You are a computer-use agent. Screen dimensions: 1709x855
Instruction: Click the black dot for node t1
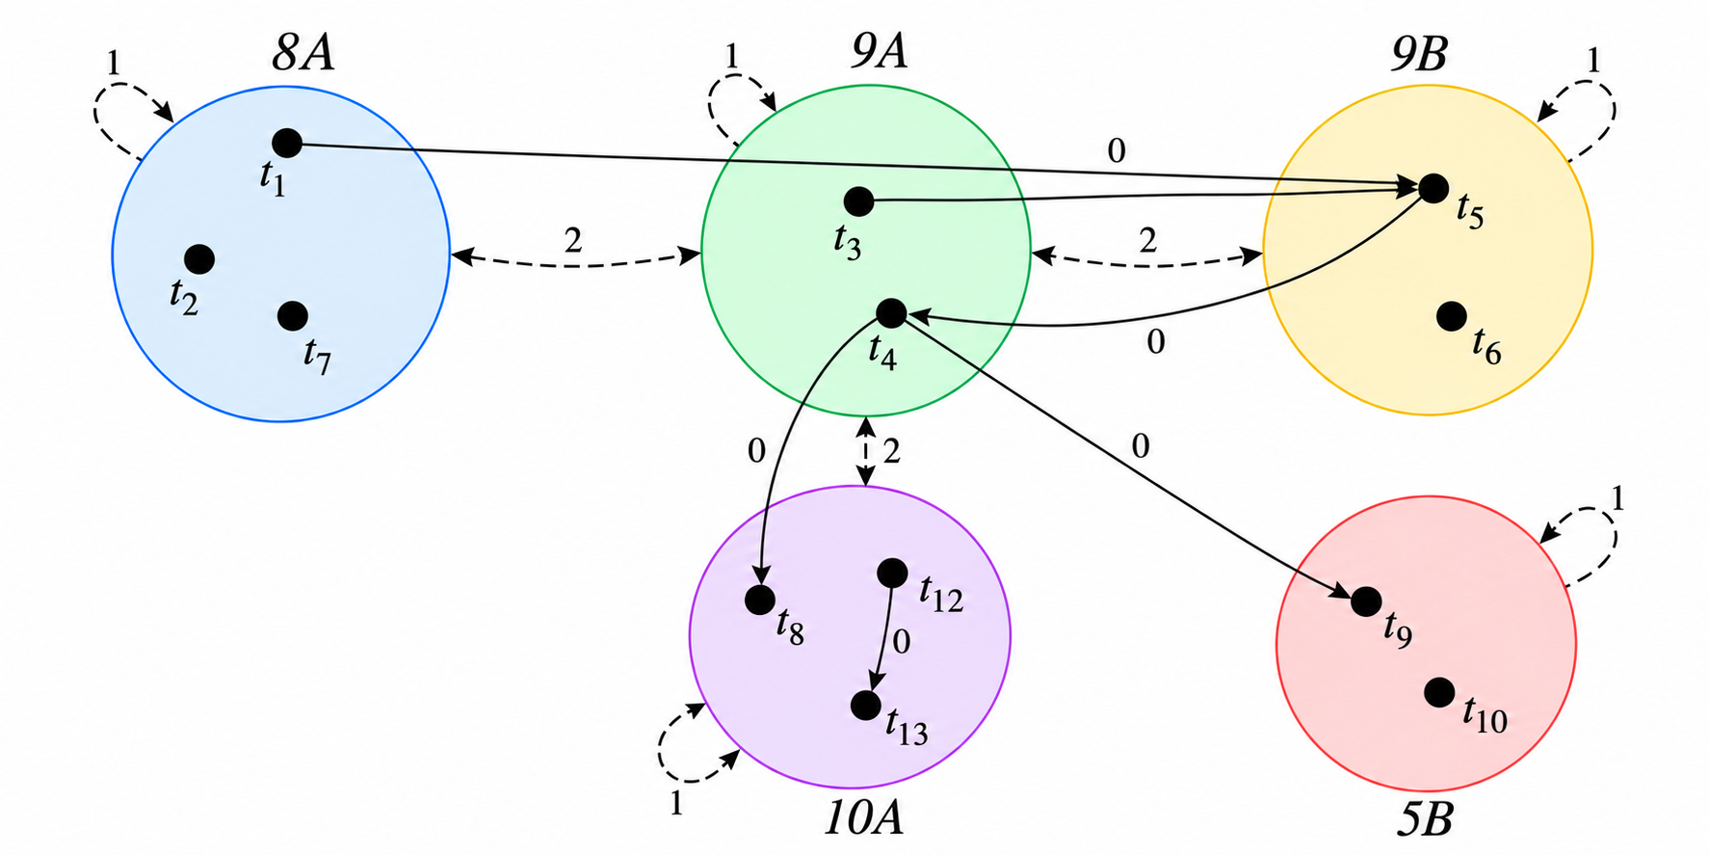click(x=287, y=143)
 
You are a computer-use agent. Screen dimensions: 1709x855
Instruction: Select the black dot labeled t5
click(x=1433, y=188)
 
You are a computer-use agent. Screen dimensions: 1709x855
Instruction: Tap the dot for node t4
click(x=891, y=312)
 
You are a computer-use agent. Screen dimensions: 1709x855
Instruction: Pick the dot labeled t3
click(x=858, y=201)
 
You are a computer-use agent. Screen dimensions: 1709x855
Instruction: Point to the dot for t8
click(x=760, y=600)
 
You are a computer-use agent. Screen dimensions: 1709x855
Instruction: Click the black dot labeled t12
click(x=892, y=574)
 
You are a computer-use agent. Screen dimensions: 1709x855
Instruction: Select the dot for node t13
click(x=866, y=706)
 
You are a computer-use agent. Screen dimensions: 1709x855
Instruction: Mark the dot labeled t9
click(x=1366, y=601)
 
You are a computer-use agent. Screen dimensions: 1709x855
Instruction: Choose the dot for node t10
click(x=1439, y=691)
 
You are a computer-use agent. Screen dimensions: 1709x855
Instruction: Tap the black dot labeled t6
click(x=1452, y=315)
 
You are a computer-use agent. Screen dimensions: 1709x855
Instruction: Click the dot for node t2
click(x=199, y=258)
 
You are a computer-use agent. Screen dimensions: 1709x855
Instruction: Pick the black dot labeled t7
click(x=293, y=315)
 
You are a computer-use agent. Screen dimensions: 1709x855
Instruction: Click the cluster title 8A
click(x=303, y=54)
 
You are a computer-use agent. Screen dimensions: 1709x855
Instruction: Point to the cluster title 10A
click(x=864, y=817)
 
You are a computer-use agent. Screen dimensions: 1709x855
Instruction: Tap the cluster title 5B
click(x=1424, y=819)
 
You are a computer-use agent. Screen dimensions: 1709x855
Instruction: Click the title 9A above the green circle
click(x=879, y=52)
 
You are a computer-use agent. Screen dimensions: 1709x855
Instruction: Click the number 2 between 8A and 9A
click(x=573, y=240)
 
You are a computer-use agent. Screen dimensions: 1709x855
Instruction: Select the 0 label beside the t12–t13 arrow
click(x=902, y=642)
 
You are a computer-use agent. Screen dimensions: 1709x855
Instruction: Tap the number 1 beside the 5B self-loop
click(x=1617, y=498)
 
